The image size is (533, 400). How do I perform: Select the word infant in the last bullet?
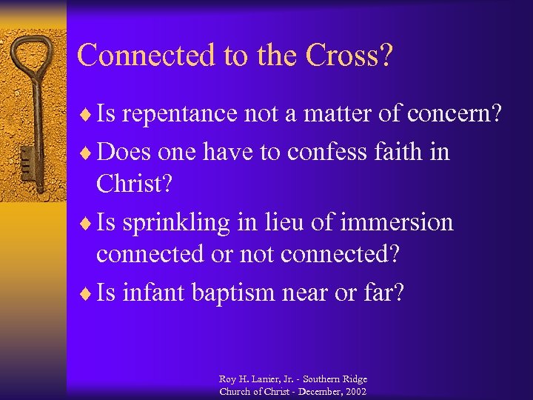(154, 293)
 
